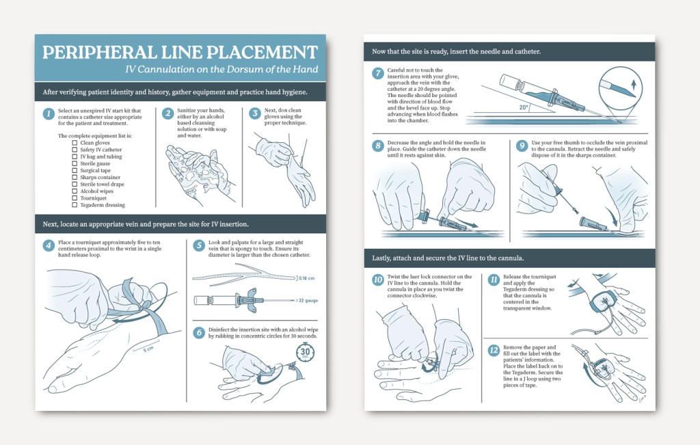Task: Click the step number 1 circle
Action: click(49, 113)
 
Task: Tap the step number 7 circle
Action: click(378, 73)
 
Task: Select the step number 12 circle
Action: click(494, 350)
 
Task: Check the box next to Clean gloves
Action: click(75, 143)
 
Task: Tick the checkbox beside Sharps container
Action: click(75, 177)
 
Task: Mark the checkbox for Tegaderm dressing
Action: click(75, 205)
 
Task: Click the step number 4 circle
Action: click(49, 245)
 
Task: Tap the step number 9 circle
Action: click(522, 146)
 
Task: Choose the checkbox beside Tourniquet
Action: click(75, 198)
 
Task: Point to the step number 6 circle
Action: click(200, 333)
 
